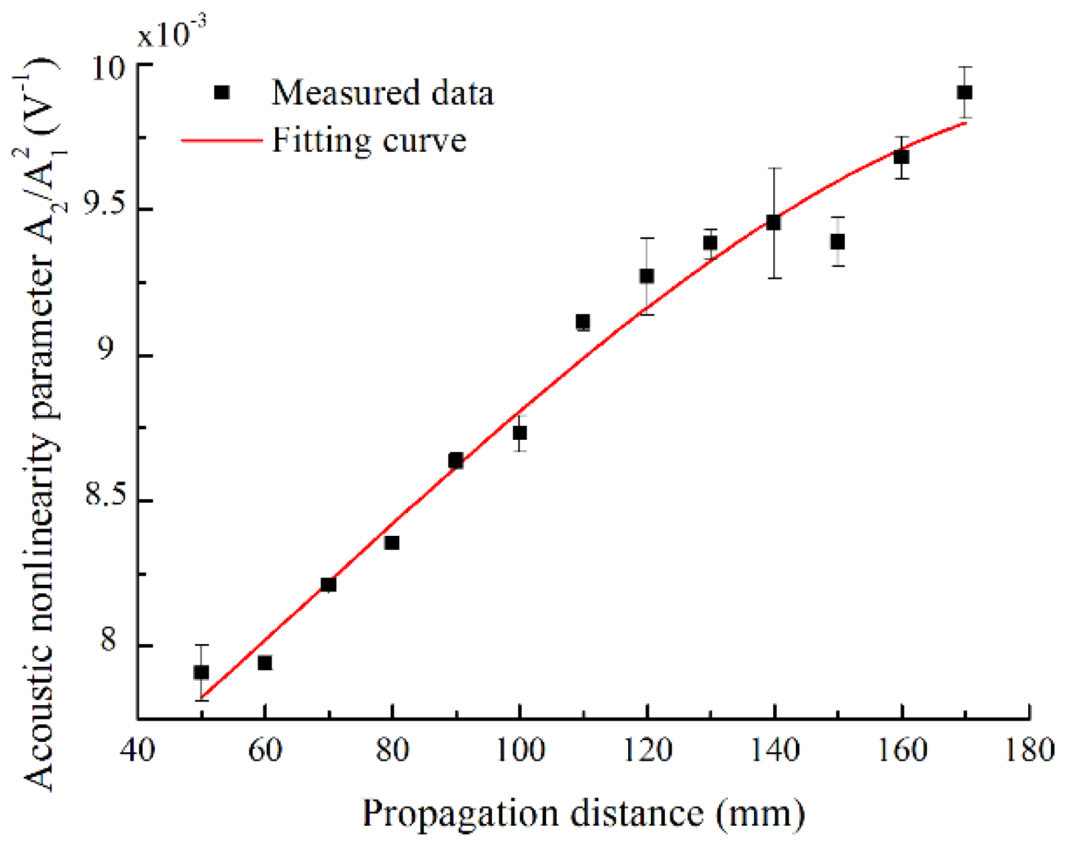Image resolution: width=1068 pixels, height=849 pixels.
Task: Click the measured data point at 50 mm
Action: pos(201,672)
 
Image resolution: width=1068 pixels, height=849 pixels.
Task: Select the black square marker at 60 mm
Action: pos(265,662)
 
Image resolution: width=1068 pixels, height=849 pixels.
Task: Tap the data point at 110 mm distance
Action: pos(583,322)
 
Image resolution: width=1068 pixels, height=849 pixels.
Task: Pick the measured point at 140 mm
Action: pos(774,222)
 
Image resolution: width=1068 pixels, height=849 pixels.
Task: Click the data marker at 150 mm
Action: pos(837,242)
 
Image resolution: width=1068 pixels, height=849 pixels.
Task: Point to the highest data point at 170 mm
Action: pos(965,92)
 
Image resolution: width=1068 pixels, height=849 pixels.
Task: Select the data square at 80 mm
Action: pos(392,543)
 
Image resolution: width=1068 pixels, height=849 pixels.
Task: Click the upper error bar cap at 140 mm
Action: pos(774,168)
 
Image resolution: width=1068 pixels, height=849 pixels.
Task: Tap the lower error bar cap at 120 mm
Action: pos(647,314)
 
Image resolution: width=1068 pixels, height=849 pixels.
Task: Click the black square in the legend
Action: pos(222,92)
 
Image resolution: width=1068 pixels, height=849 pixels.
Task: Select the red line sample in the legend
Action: pos(221,141)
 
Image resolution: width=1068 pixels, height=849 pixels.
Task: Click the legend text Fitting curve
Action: pos(369,141)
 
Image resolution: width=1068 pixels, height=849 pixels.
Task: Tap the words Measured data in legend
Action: pos(382,93)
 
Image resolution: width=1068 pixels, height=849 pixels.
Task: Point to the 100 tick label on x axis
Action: pos(519,750)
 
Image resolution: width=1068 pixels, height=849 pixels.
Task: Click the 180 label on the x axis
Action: pos(1029,750)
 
